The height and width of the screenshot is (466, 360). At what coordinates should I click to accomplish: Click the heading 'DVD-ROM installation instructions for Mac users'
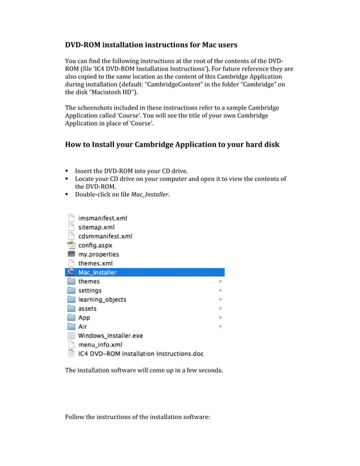pos(151,45)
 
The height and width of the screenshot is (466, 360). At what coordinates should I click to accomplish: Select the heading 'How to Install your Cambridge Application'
pos(172,144)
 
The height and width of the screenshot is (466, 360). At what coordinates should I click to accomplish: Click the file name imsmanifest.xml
pos(102,218)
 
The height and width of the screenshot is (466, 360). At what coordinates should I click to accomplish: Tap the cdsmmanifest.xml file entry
pos(105,236)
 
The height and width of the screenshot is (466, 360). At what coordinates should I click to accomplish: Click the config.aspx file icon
pos(71,245)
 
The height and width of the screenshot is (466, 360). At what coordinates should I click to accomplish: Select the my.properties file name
pos(98,254)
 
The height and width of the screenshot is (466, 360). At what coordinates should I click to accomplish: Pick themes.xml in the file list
pos(95,263)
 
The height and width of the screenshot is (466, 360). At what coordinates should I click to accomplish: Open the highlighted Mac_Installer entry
pos(98,272)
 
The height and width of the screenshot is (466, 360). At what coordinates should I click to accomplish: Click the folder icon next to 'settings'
pos(71,291)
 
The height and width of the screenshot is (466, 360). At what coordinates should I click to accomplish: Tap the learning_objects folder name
pos(102,300)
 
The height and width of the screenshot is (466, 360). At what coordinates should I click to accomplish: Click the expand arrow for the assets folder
pos(221,309)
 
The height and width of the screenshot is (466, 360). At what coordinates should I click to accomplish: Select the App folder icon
pos(71,318)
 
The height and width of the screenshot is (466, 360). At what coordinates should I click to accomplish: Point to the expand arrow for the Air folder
pos(221,327)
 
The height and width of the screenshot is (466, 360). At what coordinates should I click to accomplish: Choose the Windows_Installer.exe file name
pos(111,336)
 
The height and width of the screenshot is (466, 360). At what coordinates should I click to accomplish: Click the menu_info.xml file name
pos(100,345)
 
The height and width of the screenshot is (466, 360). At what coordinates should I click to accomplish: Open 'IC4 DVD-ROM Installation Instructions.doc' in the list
pos(141,354)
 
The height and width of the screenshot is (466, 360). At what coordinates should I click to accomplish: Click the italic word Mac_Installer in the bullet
pos(150,195)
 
